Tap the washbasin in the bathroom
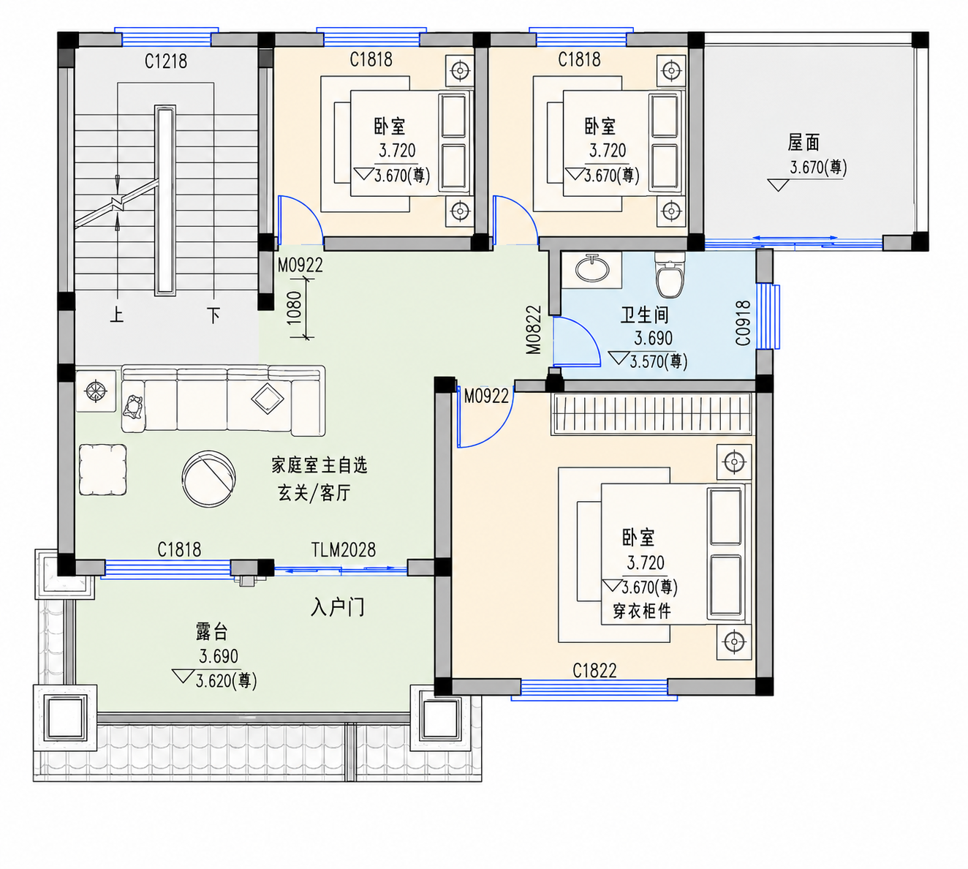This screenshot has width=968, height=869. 592,268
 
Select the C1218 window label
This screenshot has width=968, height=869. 166,61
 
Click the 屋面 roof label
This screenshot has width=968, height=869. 803,143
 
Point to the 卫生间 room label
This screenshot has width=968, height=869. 644,315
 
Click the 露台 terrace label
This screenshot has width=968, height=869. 212,631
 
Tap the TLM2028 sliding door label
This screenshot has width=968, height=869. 344,549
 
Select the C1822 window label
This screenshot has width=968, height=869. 594,671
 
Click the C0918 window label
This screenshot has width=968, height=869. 743,323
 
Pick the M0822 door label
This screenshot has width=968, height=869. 534,330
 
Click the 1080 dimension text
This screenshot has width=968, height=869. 295,308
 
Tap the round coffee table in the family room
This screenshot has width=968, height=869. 208,478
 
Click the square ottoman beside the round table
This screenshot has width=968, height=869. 103,470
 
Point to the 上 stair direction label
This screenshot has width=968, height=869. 116,315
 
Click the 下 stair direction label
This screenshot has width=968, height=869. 213,315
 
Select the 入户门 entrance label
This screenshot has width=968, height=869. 337,608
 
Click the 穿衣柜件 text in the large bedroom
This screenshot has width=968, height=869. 642,611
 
